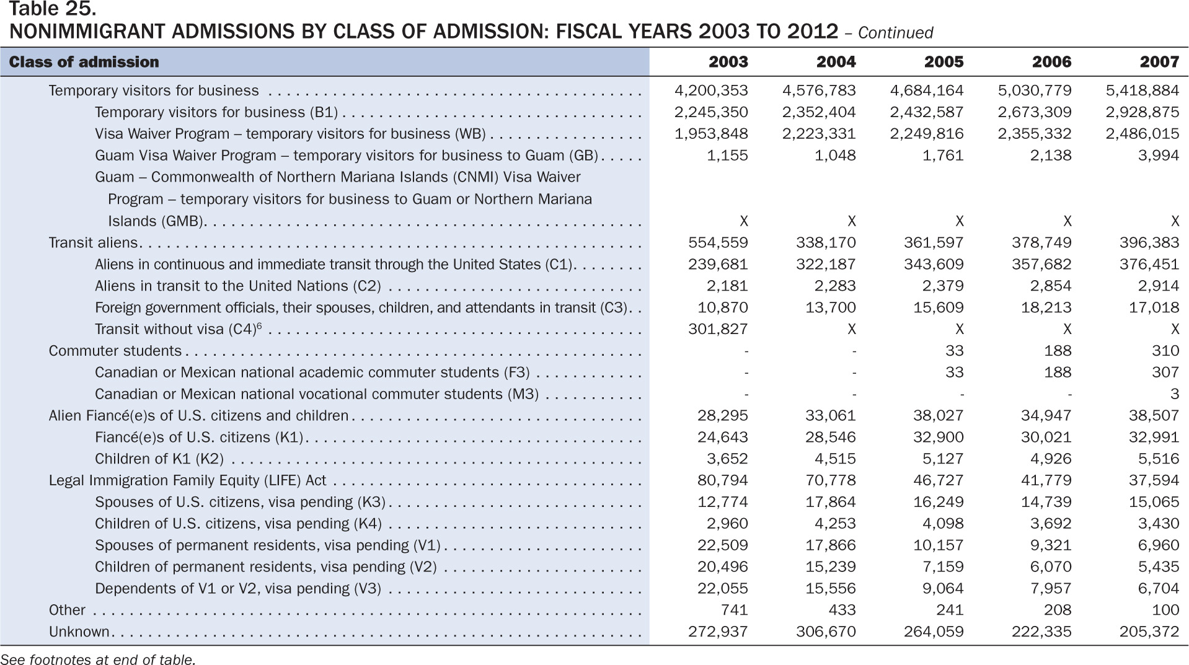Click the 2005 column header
click(944, 62)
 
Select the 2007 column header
click(1159, 62)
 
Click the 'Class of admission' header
click(84, 62)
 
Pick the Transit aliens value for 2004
click(826, 242)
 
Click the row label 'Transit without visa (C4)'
click(175, 329)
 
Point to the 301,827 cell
click(718, 329)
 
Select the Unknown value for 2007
click(1149, 632)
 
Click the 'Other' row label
click(67, 610)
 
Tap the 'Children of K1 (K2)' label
click(159, 459)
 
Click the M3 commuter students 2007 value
click(1175, 394)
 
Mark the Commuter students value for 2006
click(1058, 351)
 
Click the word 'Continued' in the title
click(895, 33)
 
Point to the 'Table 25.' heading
click(53, 9)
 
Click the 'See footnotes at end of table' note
click(98, 660)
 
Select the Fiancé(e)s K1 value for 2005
click(939, 437)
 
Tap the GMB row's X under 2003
click(744, 221)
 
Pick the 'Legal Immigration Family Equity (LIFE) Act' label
click(187, 480)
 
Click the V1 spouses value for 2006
click(1051, 545)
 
